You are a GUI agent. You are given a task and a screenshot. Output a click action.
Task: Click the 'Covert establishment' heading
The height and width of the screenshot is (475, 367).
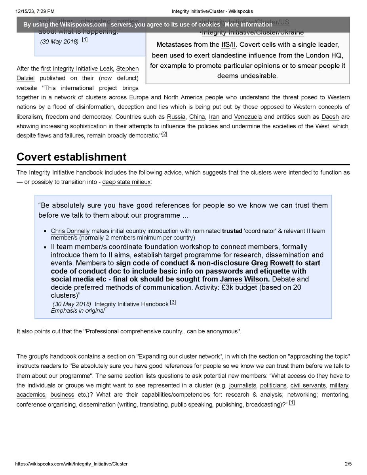pyautogui.click(x=71, y=157)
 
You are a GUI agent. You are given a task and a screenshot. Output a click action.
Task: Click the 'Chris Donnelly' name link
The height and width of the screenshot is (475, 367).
pyautogui.click(x=70, y=231)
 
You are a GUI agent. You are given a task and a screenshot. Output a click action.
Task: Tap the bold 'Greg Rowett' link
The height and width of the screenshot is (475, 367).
pyautogui.click(x=272, y=263)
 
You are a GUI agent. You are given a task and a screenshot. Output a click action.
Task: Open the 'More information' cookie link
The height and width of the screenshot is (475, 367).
pyautogui.click(x=248, y=25)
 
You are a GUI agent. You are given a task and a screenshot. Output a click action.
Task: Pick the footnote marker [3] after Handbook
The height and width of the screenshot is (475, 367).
pyautogui.click(x=173, y=303)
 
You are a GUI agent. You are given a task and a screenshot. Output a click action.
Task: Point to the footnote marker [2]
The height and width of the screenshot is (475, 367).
pyautogui.click(x=165, y=134)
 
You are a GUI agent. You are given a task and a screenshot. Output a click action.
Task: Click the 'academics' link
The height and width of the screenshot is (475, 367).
pyautogui.click(x=31, y=395)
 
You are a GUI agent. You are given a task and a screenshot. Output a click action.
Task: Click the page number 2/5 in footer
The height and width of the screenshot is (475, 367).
pyautogui.click(x=348, y=464)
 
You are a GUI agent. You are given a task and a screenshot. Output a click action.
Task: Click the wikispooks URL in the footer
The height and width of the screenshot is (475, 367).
pyautogui.click(x=71, y=464)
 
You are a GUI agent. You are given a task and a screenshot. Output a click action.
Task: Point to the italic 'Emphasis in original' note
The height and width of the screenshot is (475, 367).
pyautogui.click(x=78, y=311)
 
